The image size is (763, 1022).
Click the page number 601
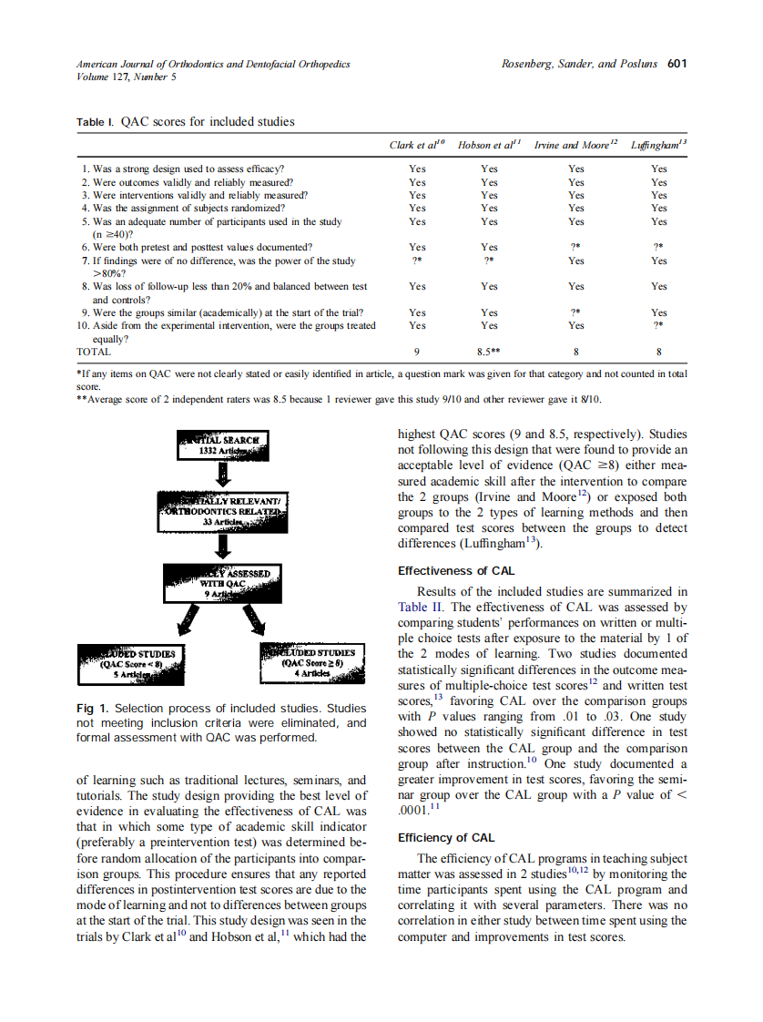pos(676,64)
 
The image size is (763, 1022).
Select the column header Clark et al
pos(416,145)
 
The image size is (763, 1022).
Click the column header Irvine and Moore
pos(575,145)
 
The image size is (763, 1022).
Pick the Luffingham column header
pos(658,145)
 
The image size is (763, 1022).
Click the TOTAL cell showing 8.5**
pos(490,352)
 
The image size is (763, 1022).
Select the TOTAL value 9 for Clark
pos(416,352)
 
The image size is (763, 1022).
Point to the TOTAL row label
pos(95,352)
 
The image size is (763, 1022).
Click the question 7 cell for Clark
pos(416,261)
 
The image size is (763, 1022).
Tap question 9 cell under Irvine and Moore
pos(575,312)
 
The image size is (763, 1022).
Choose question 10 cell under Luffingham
pos(658,325)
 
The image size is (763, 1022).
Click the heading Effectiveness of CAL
pos(456,571)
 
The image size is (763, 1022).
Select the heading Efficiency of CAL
pos(446,837)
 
